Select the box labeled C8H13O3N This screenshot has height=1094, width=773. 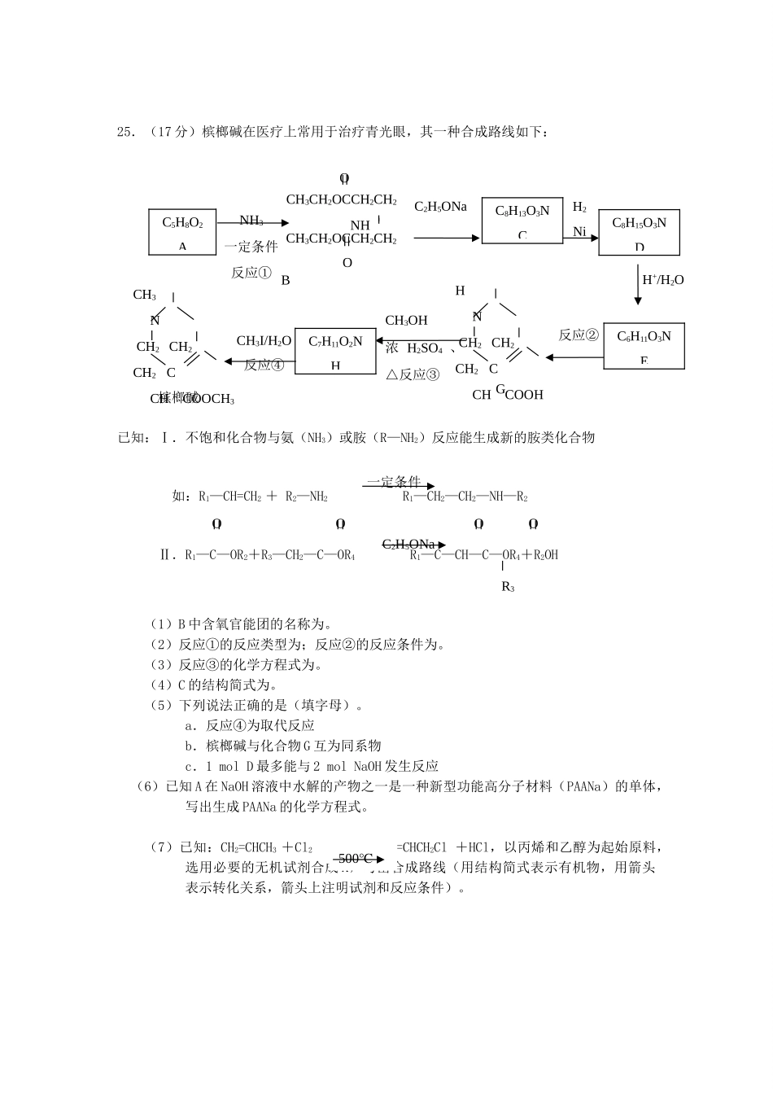(522, 220)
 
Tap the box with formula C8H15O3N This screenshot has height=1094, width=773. (639, 232)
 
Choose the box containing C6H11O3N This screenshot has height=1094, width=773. (644, 346)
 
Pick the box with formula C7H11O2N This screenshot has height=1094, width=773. (335, 351)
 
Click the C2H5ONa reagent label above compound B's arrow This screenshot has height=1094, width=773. (440, 207)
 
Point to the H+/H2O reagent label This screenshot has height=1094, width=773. (662, 280)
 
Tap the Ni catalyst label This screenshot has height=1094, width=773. (579, 232)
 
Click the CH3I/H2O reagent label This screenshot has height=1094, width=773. (264, 341)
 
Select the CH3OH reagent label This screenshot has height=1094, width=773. (406, 321)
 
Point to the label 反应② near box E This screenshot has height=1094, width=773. (579, 335)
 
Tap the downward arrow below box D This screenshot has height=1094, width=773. (638, 285)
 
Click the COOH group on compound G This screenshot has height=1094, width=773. (524, 395)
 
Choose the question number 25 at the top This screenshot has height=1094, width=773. (126, 132)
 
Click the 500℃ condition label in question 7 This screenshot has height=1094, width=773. (356, 858)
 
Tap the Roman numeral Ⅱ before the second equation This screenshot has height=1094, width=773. (167, 555)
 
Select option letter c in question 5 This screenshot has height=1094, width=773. (188, 766)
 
